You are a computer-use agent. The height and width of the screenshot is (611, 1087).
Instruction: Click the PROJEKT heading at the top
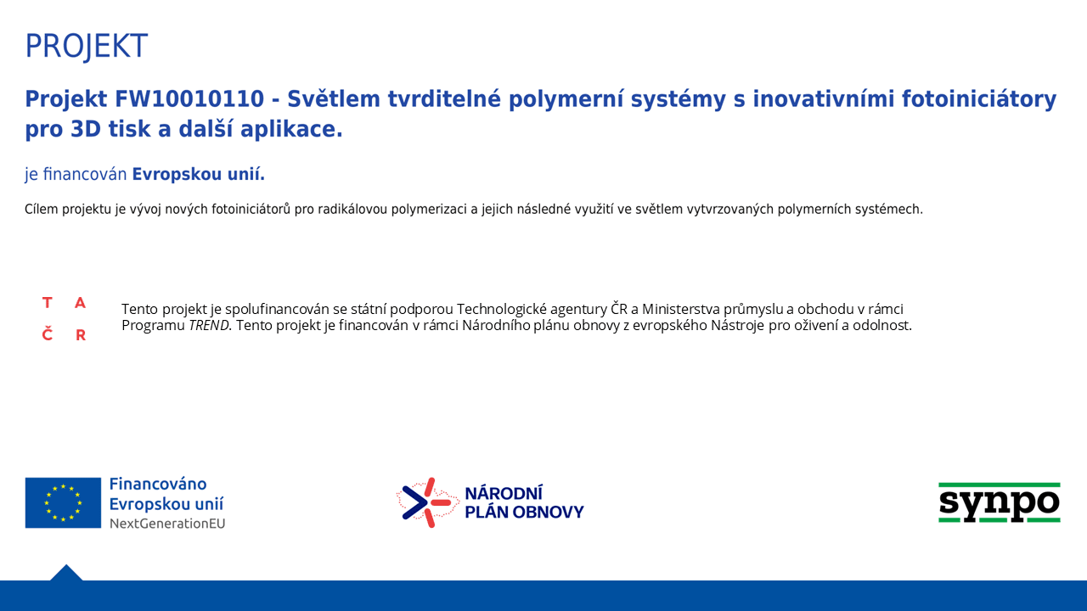(x=87, y=47)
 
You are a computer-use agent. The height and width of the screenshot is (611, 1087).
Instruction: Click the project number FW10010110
(x=189, y=99)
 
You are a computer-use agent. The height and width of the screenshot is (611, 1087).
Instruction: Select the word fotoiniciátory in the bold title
(x=979, y=100)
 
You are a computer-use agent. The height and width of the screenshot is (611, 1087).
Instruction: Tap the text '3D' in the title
(x=86, y=129)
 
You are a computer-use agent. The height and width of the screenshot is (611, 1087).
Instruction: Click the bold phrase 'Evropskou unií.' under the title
(x=199, y=174)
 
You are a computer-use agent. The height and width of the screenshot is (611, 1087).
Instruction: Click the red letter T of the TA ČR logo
(x=47, y=303)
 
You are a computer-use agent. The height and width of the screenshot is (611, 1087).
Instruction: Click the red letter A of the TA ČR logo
(x=80, y=303)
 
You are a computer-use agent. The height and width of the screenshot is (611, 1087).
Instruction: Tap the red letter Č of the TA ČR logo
(x=47, y=334)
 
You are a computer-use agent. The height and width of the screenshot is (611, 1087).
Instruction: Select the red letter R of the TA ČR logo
(x=81, y=335)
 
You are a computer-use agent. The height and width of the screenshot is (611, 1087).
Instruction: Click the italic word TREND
(x=209, y=325)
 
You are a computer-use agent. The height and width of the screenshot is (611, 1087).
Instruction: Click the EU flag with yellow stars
(x=63, y=503)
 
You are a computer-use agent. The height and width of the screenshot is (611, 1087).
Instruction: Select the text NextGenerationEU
(x=167, y=524)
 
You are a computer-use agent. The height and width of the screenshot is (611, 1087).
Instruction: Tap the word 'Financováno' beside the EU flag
(x=158, y=484)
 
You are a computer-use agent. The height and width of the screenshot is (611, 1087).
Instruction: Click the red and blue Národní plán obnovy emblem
(x=428, y=502)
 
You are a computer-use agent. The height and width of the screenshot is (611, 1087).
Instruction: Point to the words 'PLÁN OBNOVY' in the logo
(x=524, y=512)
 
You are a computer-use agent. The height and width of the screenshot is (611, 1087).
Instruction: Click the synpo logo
(x=1000, y=503)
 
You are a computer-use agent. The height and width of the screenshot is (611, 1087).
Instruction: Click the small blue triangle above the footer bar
(x=66, y=573)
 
